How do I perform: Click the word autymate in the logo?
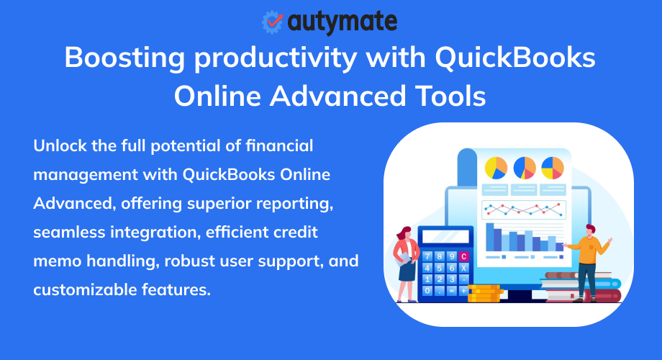click(342, 22)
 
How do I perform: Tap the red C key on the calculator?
click(463, 256)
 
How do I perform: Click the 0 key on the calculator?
click(427, 290)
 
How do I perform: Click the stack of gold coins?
click(484, 292)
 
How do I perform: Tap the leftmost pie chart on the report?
click(496, 168)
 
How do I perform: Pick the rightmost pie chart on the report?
click(552, 168)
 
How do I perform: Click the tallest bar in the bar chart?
click(489, 236)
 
